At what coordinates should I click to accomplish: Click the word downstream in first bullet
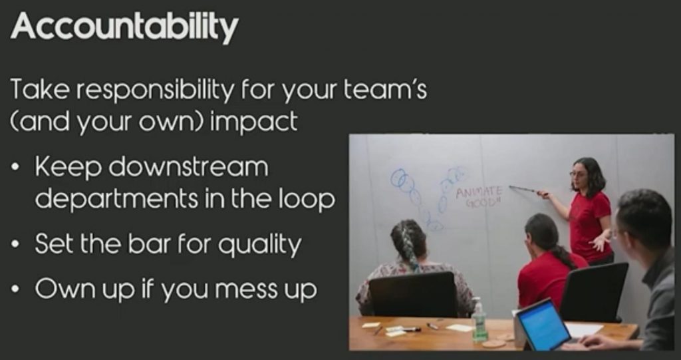(188, 166)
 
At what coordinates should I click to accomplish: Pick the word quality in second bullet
(259, 245)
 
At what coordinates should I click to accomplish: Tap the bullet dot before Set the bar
(16, 245)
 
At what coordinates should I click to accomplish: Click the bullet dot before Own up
(16, 289)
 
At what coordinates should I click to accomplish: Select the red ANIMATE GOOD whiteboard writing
(479, 196)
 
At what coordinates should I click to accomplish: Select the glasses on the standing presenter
(578, 174)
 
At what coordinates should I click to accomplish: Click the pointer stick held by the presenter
(525, 190)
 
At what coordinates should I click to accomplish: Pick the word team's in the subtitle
(385, 90)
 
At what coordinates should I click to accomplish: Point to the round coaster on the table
(494, 344)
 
